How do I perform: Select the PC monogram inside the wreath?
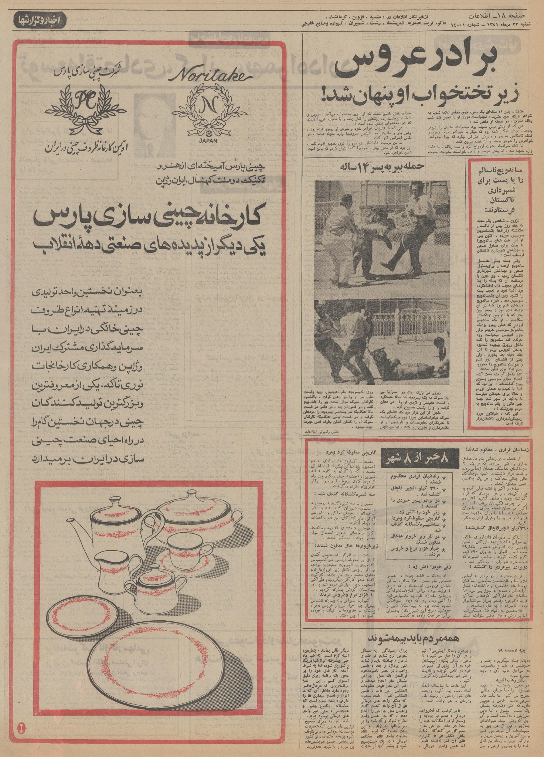pyautogui.click(x=89, y=99)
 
